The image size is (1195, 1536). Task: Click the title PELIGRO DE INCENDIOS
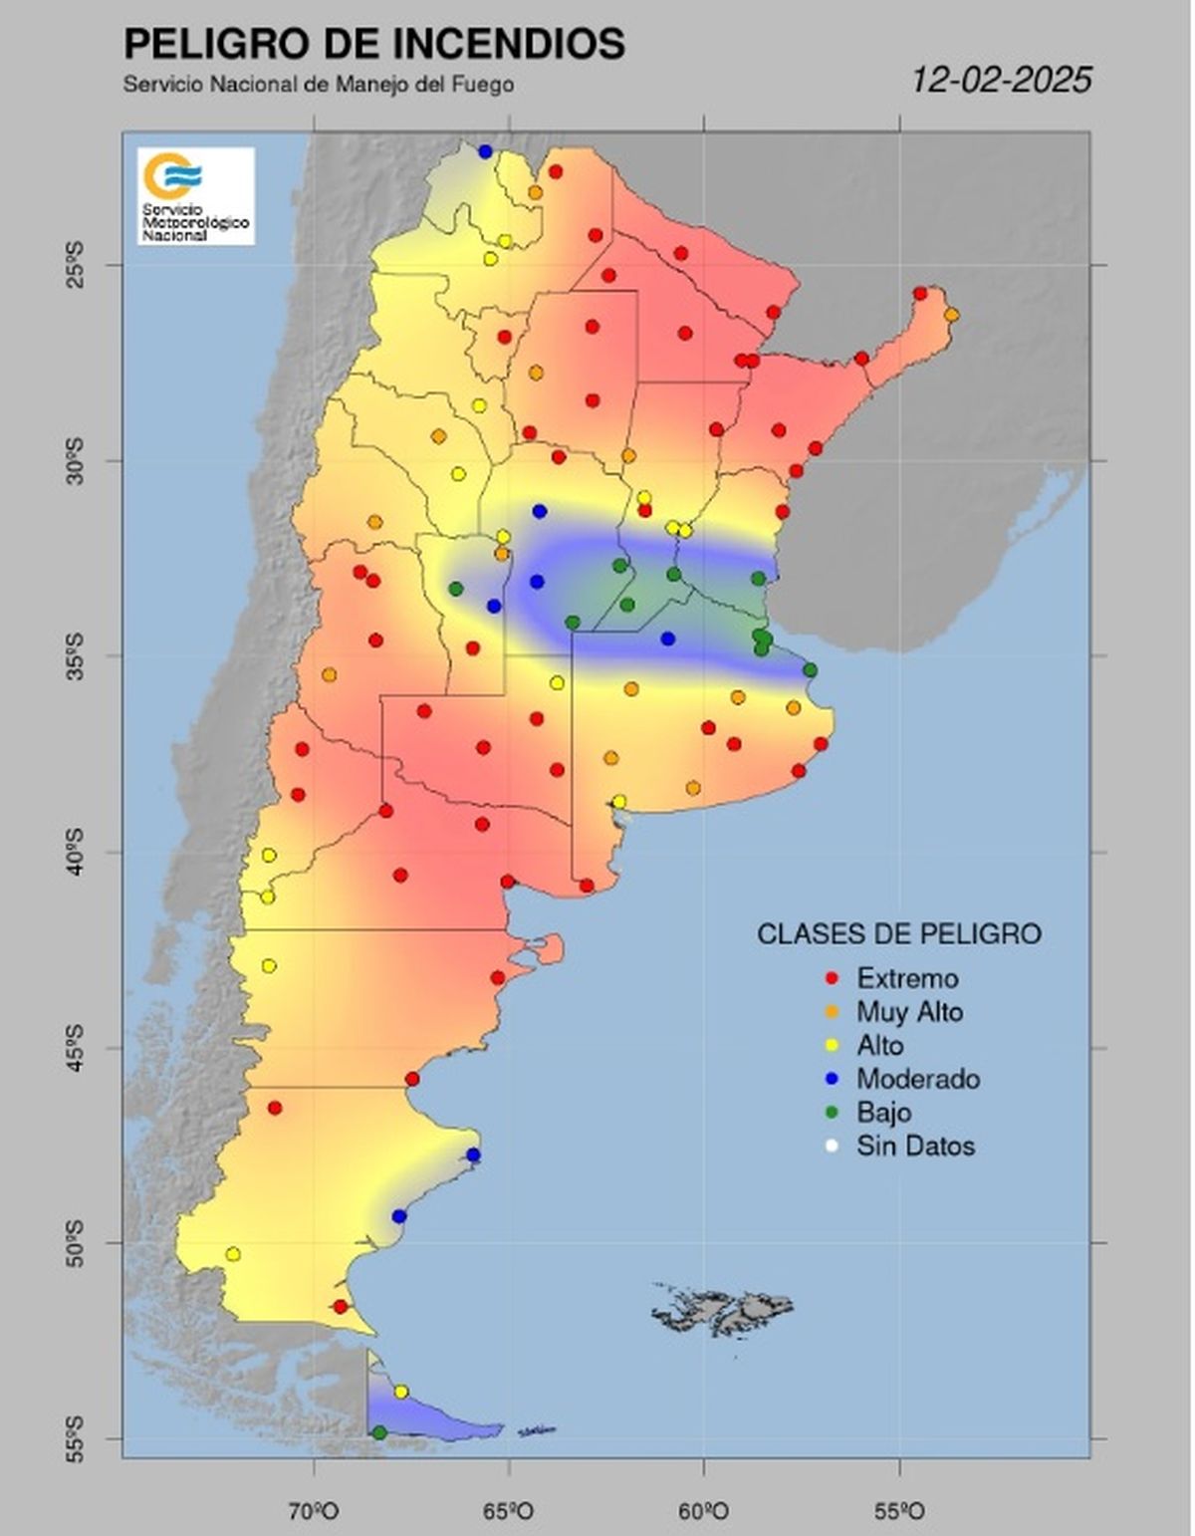[373, 45]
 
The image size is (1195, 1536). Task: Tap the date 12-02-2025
[1002, 80]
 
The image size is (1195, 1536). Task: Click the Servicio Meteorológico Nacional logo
[196, 196]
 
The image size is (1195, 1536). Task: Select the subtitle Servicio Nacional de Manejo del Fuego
[319, 85]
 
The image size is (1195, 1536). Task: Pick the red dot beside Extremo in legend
[833, 979]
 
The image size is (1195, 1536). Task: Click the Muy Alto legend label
[909, 1012]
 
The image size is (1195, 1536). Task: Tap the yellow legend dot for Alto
[833, 1046]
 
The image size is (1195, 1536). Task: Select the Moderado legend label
[917, 1079]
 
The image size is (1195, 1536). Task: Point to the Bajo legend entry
[883, 1112]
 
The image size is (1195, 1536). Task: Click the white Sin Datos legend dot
[833, 1147]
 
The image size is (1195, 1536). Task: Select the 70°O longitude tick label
[315, 1512]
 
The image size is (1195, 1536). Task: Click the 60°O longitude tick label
[705, 1512]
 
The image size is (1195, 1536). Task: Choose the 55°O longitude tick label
[900, 1512]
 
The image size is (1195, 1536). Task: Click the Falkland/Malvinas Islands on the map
[724, 1308]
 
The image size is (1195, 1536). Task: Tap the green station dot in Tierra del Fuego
[379, 1432]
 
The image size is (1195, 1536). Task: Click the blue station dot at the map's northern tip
[486, 151]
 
